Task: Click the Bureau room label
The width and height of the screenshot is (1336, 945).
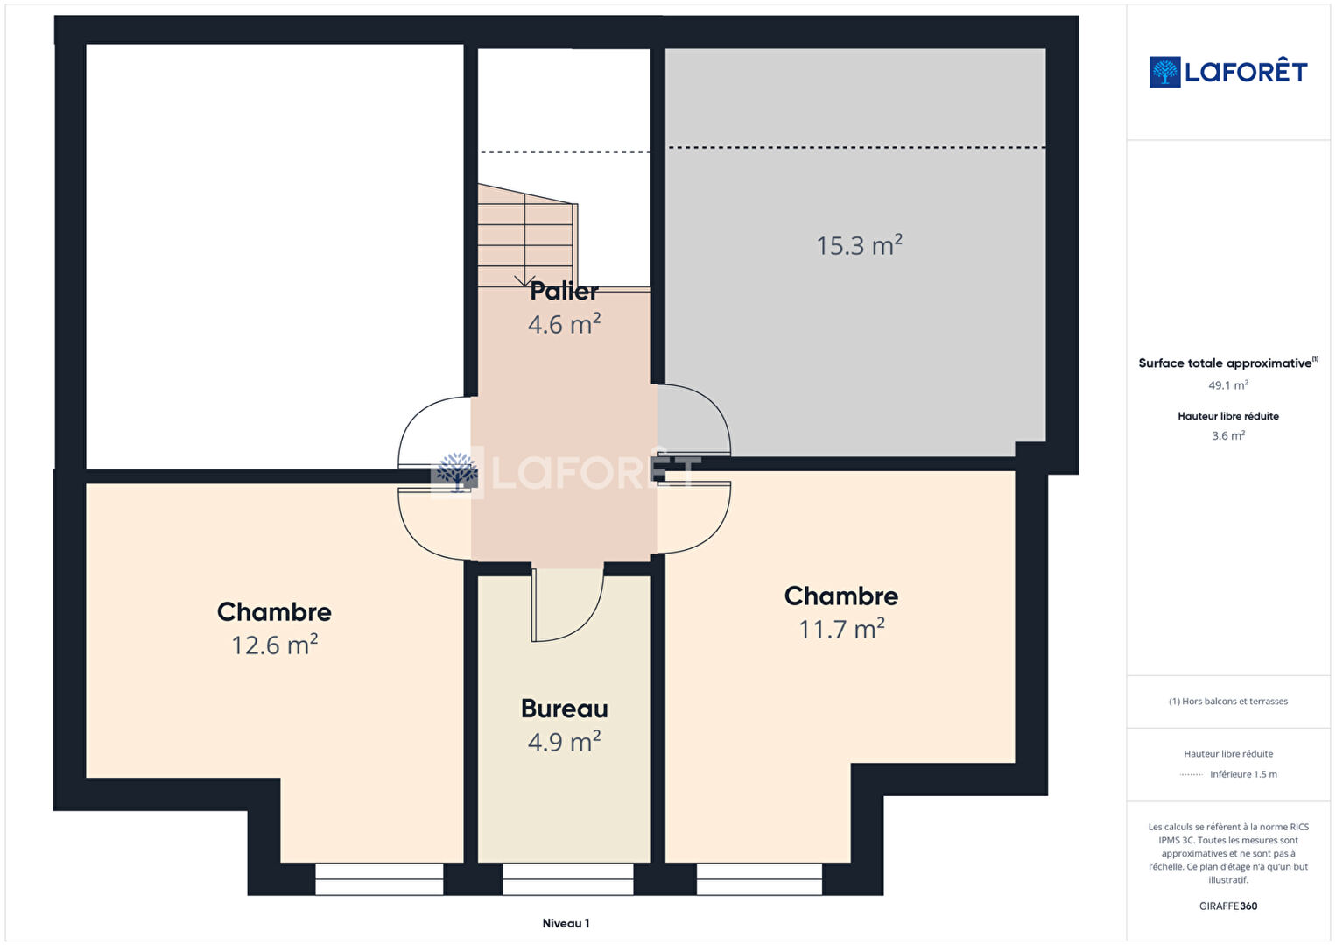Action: pos(564,709)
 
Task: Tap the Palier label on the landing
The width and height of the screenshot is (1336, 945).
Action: pos(564,291)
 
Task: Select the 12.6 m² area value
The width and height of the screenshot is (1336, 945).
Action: pos(274,645)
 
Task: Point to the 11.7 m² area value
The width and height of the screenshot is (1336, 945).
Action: pos(841,629)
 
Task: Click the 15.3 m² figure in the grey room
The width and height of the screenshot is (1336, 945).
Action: pos(860,245)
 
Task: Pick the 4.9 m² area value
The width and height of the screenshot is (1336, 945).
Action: pos(564,742)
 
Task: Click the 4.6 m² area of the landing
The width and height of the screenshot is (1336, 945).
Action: pos(564,324)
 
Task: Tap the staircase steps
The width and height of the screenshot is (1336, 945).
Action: pos(527,236)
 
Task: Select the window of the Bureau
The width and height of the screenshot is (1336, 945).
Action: pos(568,878)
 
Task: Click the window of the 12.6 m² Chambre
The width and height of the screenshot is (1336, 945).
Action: pos(379,878)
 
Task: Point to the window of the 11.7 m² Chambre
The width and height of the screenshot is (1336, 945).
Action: pos(759,878)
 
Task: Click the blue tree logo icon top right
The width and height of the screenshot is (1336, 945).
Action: pos(1164,72)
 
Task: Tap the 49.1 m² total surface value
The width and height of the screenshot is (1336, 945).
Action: pos(1228,385)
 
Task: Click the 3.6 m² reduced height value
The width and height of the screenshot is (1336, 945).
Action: pos(1228,435)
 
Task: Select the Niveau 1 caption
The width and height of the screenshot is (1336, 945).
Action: pos(566,923)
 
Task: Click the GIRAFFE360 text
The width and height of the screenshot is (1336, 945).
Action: pos(1228,906)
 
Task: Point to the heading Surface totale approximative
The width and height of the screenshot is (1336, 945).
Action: pos(1225,363)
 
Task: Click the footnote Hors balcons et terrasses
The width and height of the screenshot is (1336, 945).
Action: pos(1228,701)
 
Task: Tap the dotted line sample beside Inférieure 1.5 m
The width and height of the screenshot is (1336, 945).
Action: pos(1191,774)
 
